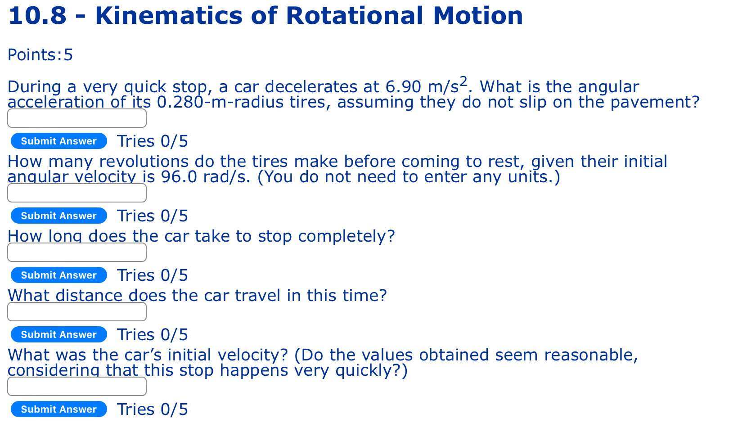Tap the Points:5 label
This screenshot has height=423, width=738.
pos(40,55)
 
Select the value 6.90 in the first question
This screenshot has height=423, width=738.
pos(403,87)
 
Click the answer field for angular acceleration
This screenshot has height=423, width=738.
pos(77,118)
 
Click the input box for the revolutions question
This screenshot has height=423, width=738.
pos(77,193)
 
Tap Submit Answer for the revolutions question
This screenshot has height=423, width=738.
pos(59,216)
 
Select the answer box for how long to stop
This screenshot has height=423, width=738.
pos(77,252)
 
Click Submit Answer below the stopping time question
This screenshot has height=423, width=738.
pos(59,275)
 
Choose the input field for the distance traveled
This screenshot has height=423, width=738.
pos(77,312)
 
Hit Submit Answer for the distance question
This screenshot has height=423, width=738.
pos(59,335)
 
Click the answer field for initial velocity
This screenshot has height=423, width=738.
pos(77,387)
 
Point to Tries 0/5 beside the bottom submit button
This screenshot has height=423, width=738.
pos(153,409)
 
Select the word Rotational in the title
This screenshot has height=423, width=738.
pos(354,16)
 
